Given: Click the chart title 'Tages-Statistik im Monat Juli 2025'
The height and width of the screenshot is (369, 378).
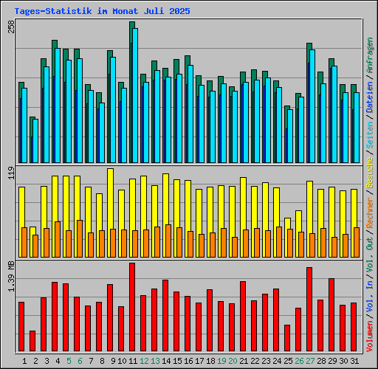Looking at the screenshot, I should [102, 12].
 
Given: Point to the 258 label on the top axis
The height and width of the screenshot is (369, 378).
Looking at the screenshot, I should [10, 27].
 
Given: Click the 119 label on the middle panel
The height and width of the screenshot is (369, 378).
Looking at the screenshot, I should [10, 174].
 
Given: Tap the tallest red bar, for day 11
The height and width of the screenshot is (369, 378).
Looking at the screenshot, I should [132, 308].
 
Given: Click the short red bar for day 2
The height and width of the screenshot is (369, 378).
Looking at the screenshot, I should [32, 342].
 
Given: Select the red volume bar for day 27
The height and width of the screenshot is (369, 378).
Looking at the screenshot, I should [309, 310].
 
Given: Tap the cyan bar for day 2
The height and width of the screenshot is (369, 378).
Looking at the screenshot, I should [35, 141].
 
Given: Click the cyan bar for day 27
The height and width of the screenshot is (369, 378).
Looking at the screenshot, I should [312, 106].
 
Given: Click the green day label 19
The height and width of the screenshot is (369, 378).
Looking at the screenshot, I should [221, 360].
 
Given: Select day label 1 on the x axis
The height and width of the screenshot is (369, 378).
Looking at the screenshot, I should [25, 360].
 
